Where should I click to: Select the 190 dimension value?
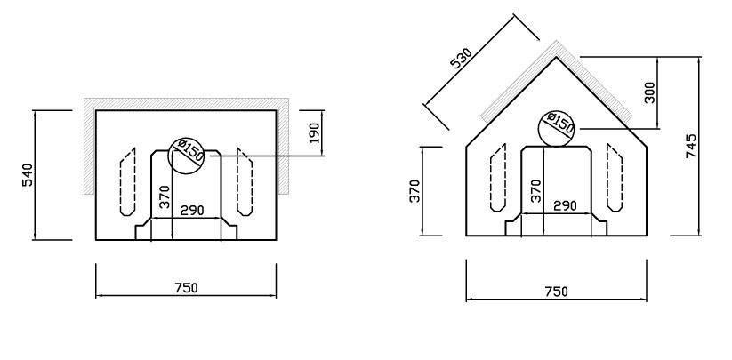tap(314, 133)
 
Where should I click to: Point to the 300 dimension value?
tap(649, 91)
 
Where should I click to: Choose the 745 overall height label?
tap(691, 147)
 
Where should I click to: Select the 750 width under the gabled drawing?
tap(555, 292)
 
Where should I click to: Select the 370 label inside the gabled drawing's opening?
tap(535, 190)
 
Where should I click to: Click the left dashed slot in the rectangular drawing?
tap(127, 182)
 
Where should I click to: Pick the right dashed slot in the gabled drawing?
tap(614, 180)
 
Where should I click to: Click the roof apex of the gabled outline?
tap(557, 58)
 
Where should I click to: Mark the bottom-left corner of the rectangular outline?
tap(96, 240)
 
